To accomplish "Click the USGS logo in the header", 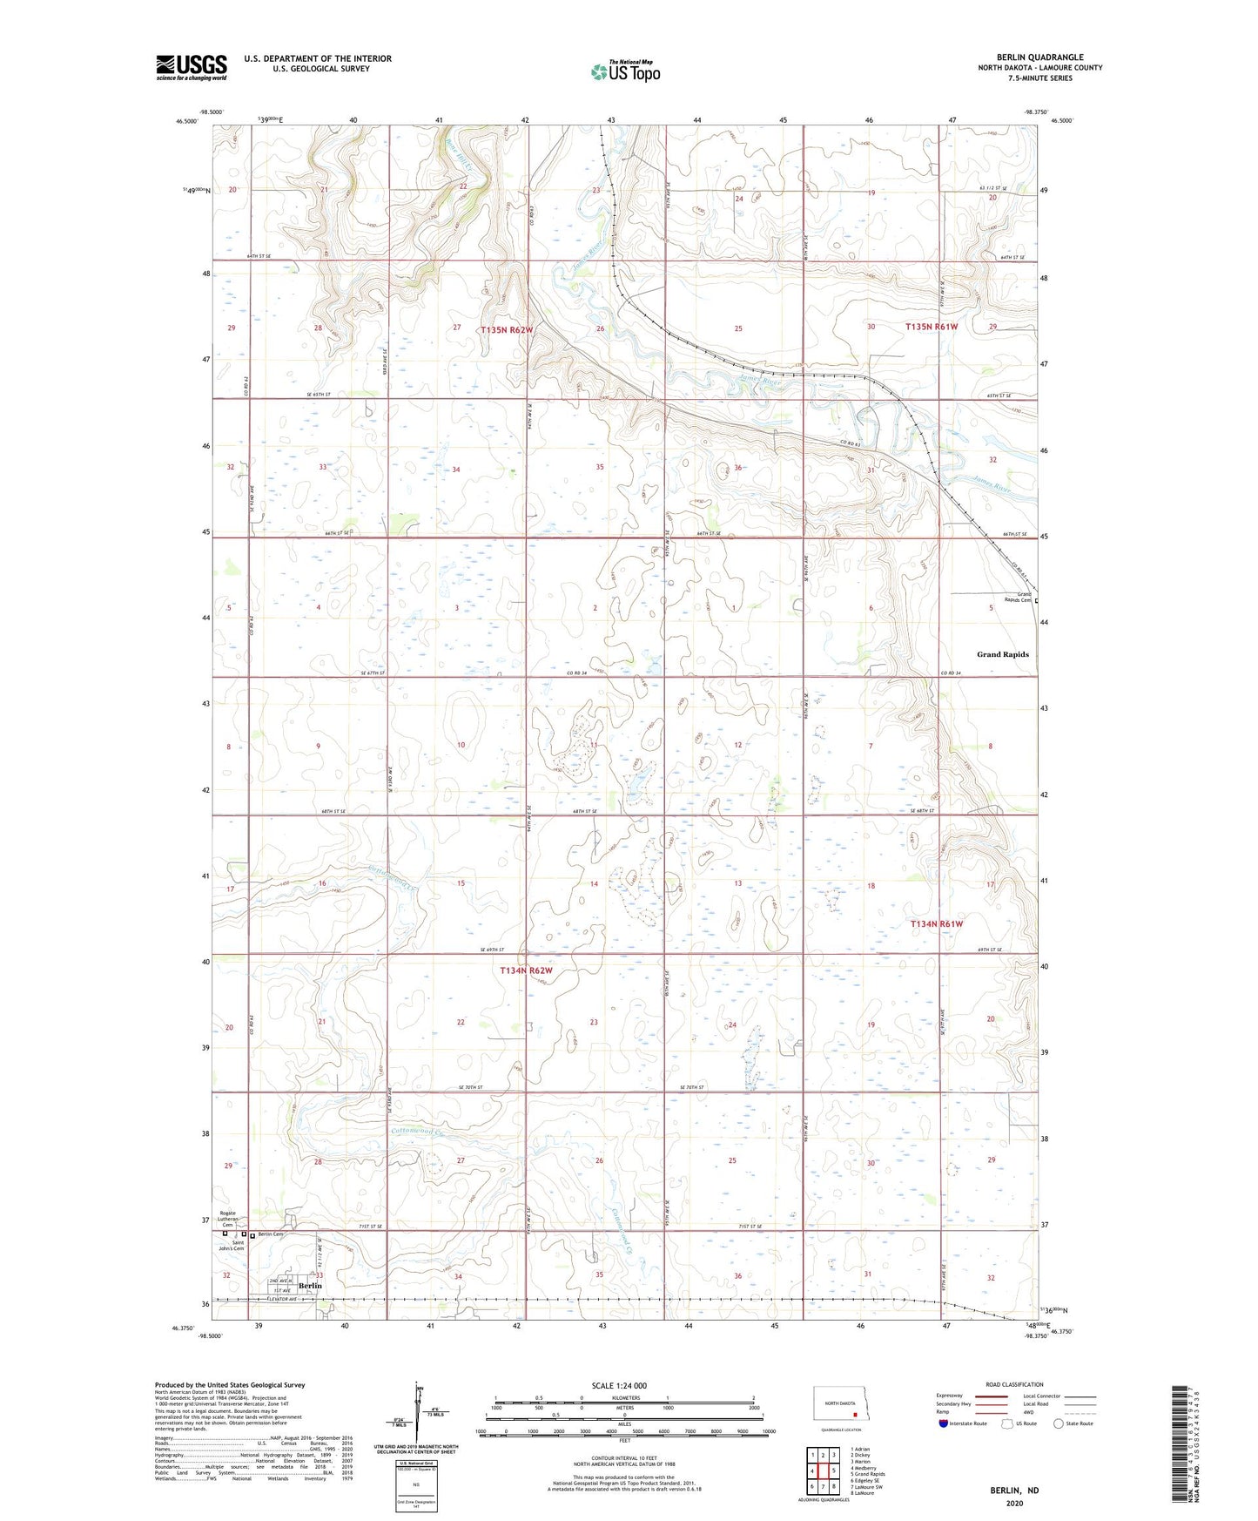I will tap(191, 67).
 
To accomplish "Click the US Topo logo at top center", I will tap(625, 71).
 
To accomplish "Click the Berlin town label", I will tap(310, 1286).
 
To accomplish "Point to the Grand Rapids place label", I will tap(1002, 654).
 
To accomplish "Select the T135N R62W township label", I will tap(506, 330).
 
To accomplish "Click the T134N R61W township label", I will tap(936, 923).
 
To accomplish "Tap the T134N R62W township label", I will tap(526, 970).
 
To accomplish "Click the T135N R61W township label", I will tap(931, 327).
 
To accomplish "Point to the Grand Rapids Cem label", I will tap(1018, 598).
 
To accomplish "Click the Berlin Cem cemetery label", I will tap(269, 1234).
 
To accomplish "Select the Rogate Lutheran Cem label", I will tap(227, 1220).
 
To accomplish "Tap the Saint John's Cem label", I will tap(232, 1247).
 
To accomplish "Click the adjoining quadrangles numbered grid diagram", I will tap(823, 1470).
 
